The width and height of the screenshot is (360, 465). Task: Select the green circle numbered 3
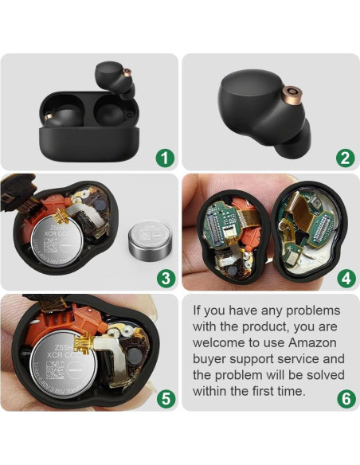click(165, 278)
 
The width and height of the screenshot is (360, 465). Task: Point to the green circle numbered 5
click(165, 398)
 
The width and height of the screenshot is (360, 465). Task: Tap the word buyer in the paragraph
click(213, 361)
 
